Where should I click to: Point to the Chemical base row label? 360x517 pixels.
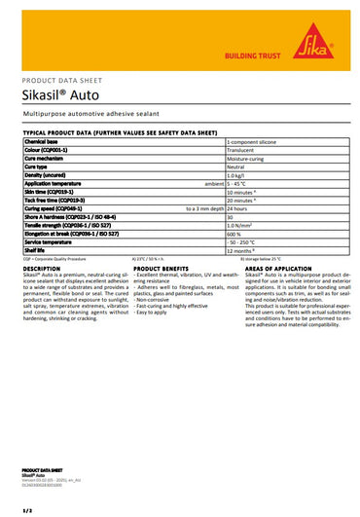pos(44,141)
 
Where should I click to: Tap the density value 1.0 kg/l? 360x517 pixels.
pos(237,175)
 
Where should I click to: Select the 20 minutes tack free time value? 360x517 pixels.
pos(243,202)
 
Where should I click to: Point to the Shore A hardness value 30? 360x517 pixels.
pos(231,216)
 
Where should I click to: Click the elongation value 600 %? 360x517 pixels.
pos(234,235)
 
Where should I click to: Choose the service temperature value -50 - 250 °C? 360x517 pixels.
pos(243,242)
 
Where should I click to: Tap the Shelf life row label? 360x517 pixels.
pos(36,249)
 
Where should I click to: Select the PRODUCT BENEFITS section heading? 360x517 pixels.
pos(162,267)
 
